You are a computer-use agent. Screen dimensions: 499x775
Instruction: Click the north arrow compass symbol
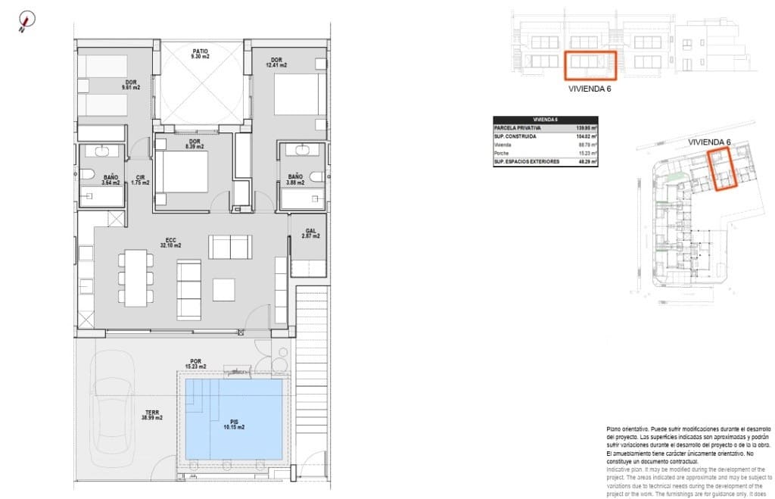click(26, 22)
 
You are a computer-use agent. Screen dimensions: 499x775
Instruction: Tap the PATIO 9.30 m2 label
click(200, 54)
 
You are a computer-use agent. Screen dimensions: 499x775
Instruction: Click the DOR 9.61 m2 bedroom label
click(131, 85)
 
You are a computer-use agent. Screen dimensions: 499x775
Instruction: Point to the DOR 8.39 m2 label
click(195, 145)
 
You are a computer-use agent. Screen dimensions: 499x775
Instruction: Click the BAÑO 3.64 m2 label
click(110, 179)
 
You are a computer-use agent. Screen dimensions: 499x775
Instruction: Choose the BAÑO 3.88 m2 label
click(294, 179)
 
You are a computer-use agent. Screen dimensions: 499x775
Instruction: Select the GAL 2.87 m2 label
click(310, 234)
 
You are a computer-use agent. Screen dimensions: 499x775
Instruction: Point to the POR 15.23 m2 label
click(196, 364)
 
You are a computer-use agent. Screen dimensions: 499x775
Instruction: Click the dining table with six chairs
click(136, 277)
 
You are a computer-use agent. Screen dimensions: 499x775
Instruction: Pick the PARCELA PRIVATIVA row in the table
click(545, 128)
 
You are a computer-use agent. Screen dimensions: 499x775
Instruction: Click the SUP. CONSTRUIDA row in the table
click(545, 136)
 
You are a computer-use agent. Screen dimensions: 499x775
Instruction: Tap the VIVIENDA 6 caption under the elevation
click(589, 89)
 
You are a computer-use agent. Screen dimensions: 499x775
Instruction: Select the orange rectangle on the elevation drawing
click(591, 65)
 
